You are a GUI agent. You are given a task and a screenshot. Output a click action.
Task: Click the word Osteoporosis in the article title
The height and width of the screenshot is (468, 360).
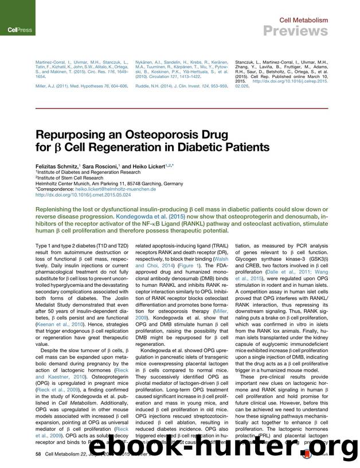coord(152,136)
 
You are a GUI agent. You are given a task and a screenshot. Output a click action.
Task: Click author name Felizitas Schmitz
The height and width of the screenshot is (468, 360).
coord(56,165)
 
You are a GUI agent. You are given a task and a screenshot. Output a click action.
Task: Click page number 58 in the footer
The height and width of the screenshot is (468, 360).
coord(38,454)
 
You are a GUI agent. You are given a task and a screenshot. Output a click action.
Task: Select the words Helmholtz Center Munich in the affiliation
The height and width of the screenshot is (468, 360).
coord(62,183)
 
